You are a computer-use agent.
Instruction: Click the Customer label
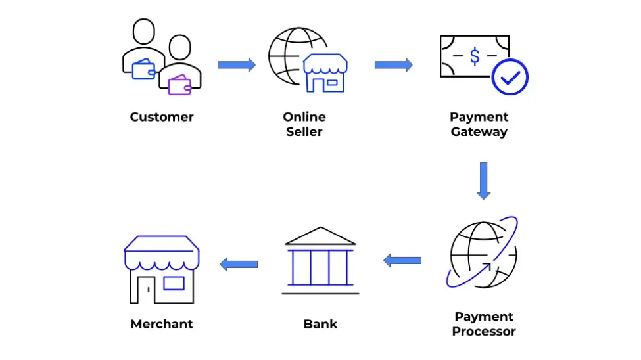point(162,117)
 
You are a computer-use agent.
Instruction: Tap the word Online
point(304,117)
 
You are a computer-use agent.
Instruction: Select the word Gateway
point(479,132)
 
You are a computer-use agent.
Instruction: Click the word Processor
point(484,331)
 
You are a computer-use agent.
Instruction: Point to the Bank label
point(321,324)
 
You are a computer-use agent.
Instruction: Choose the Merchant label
point(162,324)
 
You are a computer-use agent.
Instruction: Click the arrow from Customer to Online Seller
point(237,65)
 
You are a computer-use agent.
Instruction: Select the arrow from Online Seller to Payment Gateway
point(394,65)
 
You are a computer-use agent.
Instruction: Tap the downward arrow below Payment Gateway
point(484,181)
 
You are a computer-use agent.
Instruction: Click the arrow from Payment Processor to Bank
point(402,260)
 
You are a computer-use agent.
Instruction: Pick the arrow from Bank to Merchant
point(239,264)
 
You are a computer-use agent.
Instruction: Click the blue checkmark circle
point(510,78)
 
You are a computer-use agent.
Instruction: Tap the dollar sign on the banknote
point(475,56)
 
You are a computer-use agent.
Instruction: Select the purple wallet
point(179,85)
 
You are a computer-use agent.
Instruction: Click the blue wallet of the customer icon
point(143,69)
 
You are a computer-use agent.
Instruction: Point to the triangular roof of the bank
point(321,236)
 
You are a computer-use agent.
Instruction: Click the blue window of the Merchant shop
point(174,283)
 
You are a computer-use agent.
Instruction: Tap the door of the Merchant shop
point(146,290)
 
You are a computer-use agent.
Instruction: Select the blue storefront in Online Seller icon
point(325,73)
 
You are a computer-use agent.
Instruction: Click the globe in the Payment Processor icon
point(483,255)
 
